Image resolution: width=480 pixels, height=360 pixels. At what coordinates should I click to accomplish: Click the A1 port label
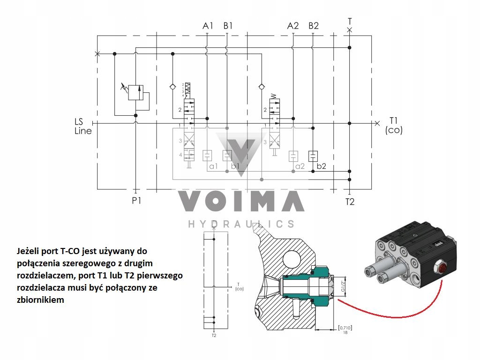(208, 26)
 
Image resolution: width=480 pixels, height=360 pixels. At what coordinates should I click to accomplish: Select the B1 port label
(228, 26)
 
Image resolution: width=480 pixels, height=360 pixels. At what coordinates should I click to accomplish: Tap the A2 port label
(293, 26)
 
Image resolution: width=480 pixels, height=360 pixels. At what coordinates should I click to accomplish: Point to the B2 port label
(314, 26)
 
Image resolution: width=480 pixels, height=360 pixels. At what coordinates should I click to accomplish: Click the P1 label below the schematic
(136, 201)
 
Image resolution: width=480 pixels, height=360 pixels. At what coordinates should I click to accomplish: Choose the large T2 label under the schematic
(350, 202)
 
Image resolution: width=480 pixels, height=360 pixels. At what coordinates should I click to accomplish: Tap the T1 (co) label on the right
(393, 125)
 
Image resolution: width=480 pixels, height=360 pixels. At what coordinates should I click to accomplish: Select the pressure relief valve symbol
(135, 92)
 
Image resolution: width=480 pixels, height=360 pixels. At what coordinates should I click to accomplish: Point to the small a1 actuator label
(214, 166)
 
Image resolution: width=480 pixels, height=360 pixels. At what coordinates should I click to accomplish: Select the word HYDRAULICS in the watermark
(241, 224)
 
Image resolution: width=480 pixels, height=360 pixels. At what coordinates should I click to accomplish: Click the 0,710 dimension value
(345, 328)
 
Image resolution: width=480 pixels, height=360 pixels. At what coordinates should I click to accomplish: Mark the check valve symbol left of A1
(172, 87)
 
